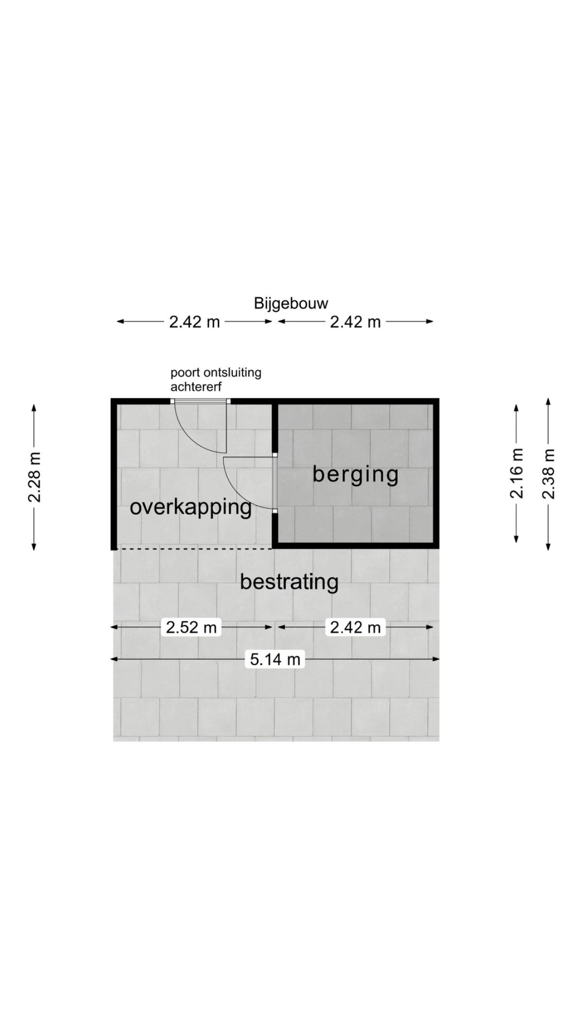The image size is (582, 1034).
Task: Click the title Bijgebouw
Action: point(291,304)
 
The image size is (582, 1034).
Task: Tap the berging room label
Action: point(356,474)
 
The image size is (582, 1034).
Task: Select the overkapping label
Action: point(191,508)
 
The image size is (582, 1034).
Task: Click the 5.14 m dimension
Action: point(275,659)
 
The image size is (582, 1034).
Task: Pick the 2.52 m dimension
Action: point(191,627)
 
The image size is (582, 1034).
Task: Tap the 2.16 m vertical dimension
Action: point(517,473)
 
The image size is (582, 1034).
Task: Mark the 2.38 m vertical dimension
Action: point(549,473)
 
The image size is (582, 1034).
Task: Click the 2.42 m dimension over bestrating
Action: point(356,627)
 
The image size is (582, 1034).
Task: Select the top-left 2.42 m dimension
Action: point(194,321)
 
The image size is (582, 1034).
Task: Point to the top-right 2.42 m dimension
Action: point(356,321)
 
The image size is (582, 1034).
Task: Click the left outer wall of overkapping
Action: point(114,474)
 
